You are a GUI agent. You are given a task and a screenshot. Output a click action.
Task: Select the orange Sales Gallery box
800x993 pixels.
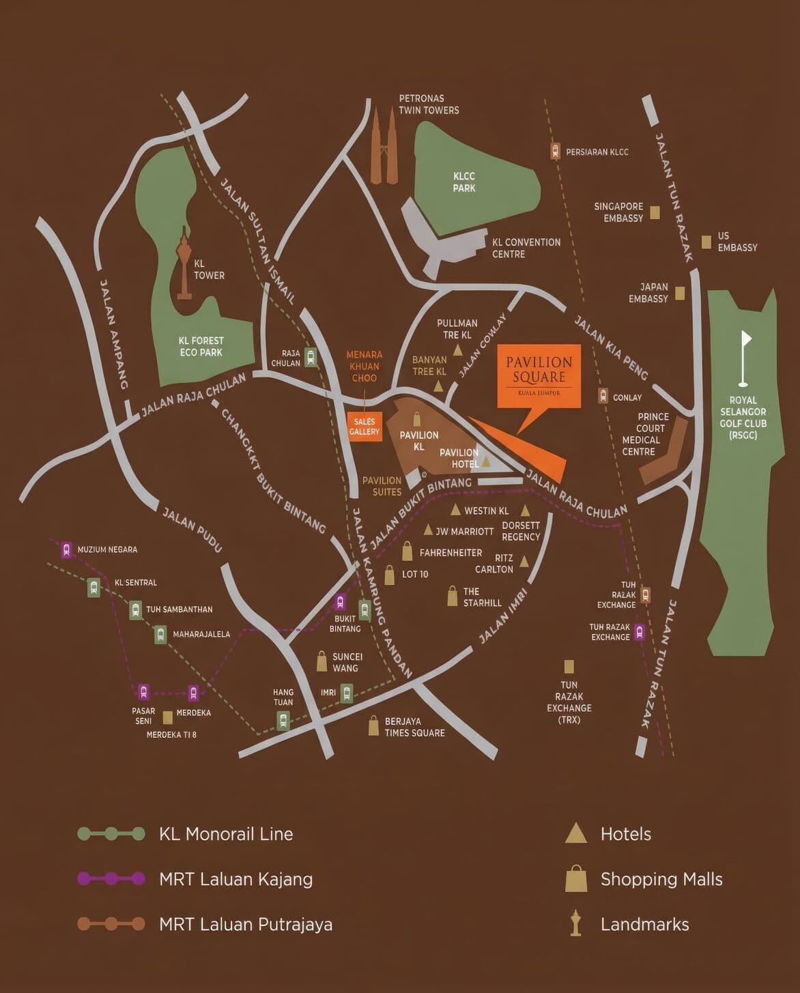coord(364,427)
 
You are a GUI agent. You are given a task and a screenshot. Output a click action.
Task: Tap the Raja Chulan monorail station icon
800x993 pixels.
coord(311,357)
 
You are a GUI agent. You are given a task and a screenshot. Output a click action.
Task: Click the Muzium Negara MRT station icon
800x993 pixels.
coord(66,549)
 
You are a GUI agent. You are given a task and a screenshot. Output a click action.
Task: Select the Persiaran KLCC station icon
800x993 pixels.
coord(556,152)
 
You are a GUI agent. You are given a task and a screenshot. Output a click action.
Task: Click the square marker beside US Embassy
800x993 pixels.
coord(706,242)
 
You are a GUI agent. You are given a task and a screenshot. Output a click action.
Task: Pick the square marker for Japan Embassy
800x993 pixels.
coord(680,293)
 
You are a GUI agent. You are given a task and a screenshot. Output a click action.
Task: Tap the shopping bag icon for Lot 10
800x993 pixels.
coord(389,575)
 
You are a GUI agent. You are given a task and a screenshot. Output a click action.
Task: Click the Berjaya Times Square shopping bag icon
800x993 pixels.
coord(373,726)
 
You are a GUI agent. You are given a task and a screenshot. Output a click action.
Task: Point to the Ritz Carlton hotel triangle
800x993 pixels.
coord(524,562)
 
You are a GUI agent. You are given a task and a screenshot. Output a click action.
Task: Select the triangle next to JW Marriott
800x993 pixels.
coord(428,530)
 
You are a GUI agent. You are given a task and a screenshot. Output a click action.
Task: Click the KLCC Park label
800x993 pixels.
coord(464,182)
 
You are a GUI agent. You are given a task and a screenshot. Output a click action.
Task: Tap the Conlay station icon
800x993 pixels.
coord(603,396)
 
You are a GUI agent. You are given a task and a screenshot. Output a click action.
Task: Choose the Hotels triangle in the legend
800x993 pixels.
coord(576,833)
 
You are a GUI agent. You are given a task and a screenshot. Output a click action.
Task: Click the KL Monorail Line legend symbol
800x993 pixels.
coord(111,833)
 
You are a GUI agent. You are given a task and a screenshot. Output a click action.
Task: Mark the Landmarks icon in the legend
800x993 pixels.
coord(575,923)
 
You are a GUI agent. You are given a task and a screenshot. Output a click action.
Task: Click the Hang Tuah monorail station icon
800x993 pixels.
coord(283,720)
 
